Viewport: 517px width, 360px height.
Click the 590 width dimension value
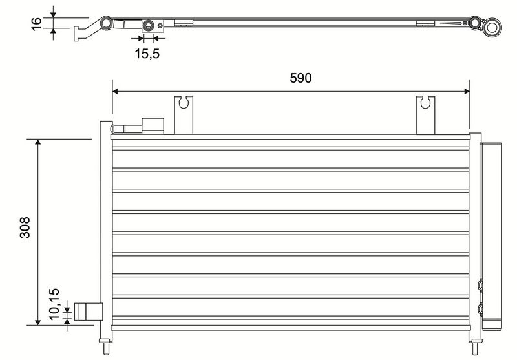point(301,78)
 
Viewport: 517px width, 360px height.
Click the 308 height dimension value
point(25,227)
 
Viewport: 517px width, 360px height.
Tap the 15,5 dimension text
point(147,54)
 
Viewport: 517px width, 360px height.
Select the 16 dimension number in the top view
point(36,24)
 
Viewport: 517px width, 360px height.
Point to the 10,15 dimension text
point(54,304)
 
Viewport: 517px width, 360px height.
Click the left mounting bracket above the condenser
point(184,115)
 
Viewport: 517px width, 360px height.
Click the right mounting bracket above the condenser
point(425,115)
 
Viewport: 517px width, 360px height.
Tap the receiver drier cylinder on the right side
point(492,237)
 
